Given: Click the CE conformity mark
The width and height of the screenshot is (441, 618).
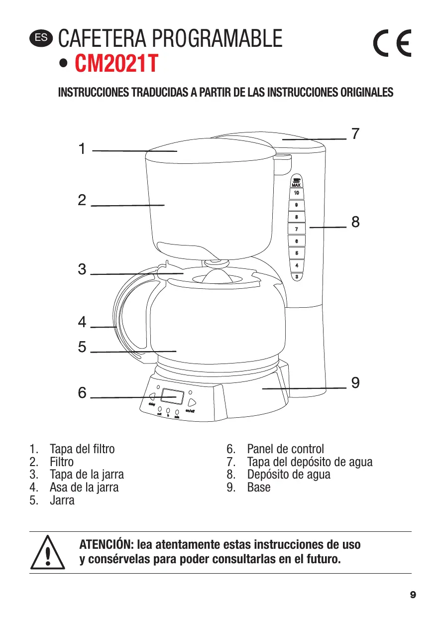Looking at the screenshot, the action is pos(392,44).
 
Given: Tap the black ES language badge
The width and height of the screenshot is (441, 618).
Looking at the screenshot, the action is pos(40,37).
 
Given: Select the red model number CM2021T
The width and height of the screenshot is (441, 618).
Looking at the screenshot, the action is pos(116,64).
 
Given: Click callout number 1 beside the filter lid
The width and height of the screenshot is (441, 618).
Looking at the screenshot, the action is pos(82,148).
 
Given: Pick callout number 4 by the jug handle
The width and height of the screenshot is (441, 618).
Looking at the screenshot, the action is pos(82,322).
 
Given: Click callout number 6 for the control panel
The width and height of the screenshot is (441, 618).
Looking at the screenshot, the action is pos(82,393).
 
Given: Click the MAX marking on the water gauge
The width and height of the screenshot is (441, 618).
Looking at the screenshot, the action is pos(296,185).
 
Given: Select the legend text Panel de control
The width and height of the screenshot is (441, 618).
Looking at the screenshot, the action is pos(285,449).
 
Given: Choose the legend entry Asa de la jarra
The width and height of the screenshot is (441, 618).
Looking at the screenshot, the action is pos(84,487).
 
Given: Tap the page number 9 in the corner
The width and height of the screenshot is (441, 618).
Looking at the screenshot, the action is pos(413,595).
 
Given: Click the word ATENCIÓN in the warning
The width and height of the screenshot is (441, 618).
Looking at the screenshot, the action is pos(106,544).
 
